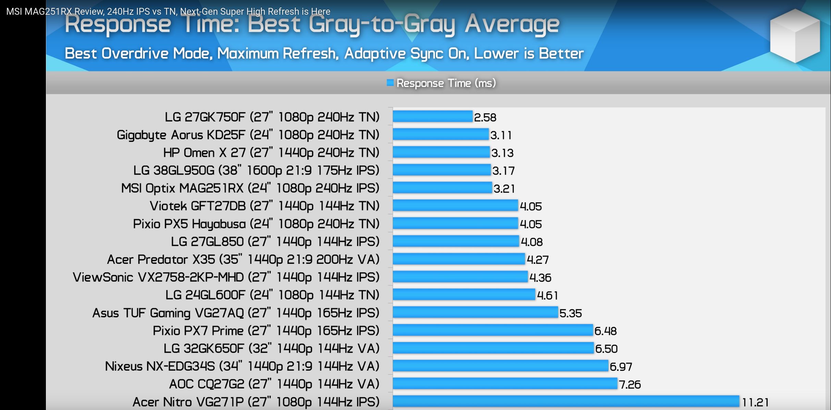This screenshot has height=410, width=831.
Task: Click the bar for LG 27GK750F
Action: (x=432, y=116)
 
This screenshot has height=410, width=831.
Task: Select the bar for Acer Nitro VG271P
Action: (x=566, y=401)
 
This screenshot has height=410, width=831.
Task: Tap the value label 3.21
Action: (x=504, y=188)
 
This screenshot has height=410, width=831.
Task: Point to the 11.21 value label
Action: (x=755, y=402)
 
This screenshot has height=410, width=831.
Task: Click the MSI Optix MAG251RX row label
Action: (x=250, y=188)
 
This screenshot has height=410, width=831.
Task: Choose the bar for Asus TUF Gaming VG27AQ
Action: (x=475, y=312)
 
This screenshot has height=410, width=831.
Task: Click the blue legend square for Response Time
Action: (x=390, y=83)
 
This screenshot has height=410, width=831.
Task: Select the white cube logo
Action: (x=795, y=36)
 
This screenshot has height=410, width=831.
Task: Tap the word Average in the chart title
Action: (x=512, y=24)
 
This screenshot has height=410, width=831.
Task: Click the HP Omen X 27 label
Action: (x=271, y=152)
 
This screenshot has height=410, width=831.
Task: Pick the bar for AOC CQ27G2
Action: (x=505, y=383)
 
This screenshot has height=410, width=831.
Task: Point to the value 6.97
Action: (x=621, y=366)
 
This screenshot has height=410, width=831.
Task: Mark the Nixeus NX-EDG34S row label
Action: (x=242, y=366)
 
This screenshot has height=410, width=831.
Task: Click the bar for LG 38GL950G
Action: (x=442, y=170)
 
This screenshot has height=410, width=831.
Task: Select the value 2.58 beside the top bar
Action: (x=485, y=117)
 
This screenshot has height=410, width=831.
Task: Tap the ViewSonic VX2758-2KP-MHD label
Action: (x=226, y=277)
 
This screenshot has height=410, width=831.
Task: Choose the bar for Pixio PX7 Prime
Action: (x=492, y=330)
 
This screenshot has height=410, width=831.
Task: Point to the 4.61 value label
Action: (x=547, y=295)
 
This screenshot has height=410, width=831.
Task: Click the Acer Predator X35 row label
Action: (x=243, y=259)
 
